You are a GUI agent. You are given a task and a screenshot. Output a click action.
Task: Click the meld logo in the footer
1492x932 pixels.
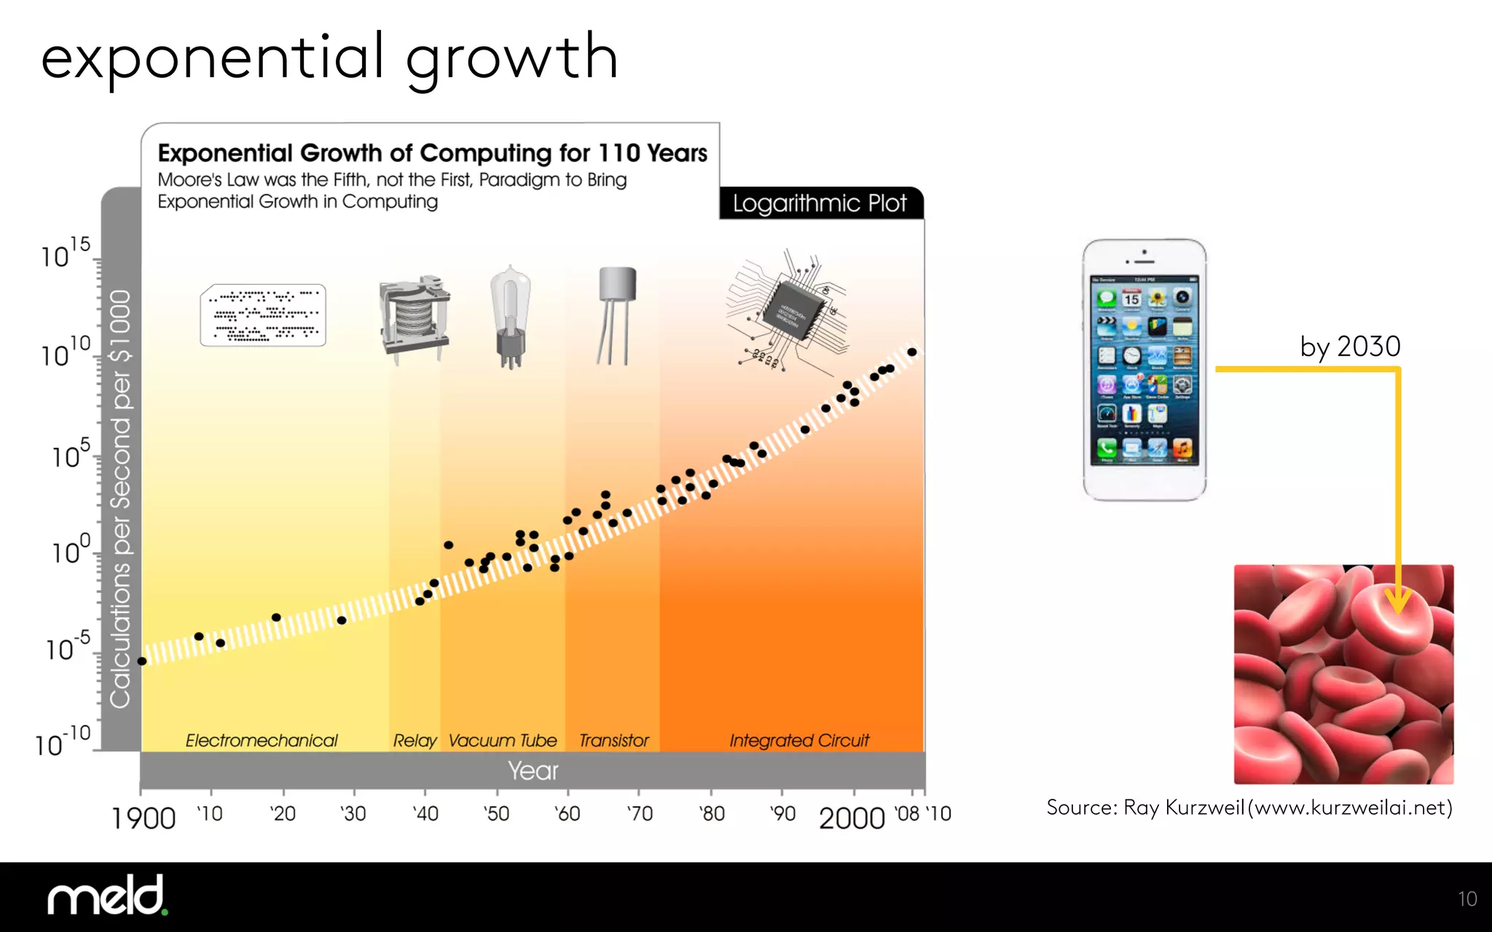tap(107, 896)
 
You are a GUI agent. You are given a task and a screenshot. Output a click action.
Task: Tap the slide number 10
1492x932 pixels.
tap(1467, 899)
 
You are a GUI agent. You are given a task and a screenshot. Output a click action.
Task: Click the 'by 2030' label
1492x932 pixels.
tap(1350, 347)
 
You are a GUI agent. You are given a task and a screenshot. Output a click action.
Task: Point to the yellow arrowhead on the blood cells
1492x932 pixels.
tap(1398, 601)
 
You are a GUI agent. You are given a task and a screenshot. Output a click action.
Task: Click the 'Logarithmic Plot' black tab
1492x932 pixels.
tap(820, 203)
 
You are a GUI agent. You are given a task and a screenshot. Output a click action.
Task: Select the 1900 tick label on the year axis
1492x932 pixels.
tap(144, 818)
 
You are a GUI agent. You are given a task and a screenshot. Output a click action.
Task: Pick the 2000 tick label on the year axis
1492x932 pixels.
tap(852, 818)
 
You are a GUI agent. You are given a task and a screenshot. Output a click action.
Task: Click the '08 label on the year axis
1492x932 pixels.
tap(907, 814)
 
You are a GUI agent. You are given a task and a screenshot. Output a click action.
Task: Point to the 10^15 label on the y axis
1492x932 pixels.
tap(65, 253)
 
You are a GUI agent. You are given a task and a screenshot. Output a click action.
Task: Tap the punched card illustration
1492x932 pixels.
tap(263, 315)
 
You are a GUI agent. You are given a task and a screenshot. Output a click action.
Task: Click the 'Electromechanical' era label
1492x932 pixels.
tap(261, 741)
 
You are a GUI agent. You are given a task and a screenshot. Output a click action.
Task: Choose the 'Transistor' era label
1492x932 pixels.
tap(613, 741)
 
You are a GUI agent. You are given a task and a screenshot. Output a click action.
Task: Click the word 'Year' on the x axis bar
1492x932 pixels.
tap(533, 770)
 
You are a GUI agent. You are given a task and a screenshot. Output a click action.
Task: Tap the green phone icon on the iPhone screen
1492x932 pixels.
tap(1107, 448)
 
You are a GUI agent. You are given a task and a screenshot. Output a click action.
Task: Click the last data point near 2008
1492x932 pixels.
tap(911, 352)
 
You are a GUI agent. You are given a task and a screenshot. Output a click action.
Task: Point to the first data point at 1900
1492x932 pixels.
tap(142, 661)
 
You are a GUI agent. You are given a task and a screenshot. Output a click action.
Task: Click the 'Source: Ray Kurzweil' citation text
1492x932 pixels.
tap(1249, 807)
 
